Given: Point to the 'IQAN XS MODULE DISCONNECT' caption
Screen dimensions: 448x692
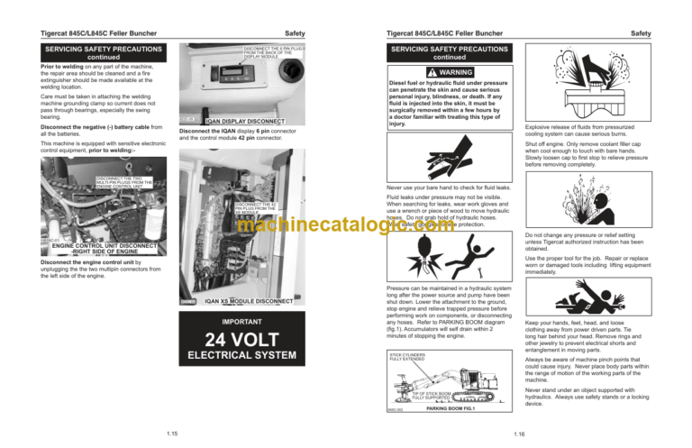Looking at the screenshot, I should point(246,299).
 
